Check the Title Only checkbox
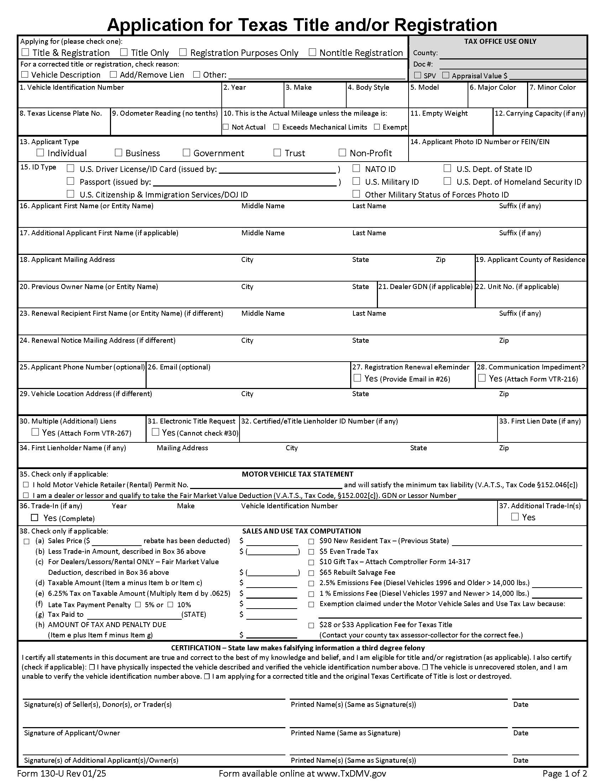click(x=123, y=52)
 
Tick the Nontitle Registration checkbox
click(x=312, y=52)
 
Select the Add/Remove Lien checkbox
click(x=113, y=75)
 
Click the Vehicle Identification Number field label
click(x=72, y=87)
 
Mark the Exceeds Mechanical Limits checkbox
click(x=276, y=127)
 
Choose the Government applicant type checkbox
click(x=186, y=153)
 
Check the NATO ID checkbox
click(x=356, y=168)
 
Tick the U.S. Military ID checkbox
click(x=356, y=182)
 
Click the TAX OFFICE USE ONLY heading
click(x=500, y=41)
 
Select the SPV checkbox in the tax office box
click(x=417, y=75)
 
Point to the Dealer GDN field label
click(x=425, y=287)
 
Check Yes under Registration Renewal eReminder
click(x=357, y=378)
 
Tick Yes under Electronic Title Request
click(x=155, y=432)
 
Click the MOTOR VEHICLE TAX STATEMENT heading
click(x=298, y=474)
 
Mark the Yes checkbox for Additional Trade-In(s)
click(x=515, y=517)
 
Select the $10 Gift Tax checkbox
click(x=311, y=562)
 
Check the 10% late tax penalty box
click(x=170, y=605)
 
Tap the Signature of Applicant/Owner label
click(x=72, y=733)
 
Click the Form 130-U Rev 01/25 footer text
click(x=62, y=773)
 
